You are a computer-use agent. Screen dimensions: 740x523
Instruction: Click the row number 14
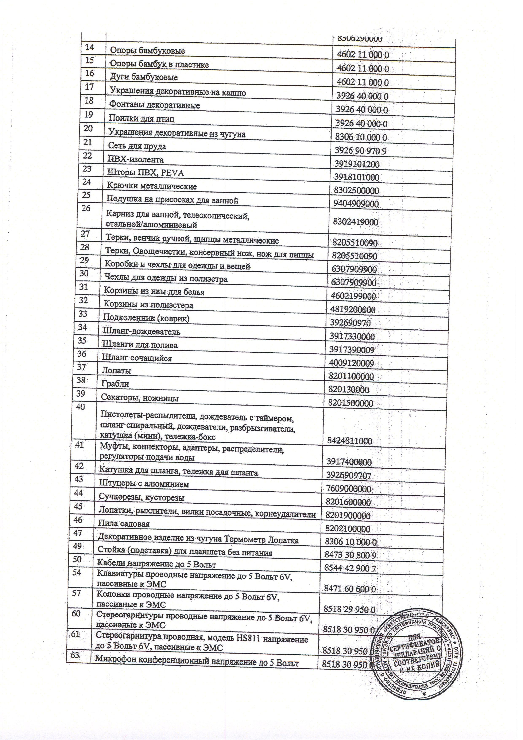(x=90, y=47)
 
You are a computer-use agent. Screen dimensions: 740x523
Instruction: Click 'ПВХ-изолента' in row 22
(x=136, y=160)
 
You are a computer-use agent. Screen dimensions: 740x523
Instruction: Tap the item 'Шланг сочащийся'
(x=137, y=358)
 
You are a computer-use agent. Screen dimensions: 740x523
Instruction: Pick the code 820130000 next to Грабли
(x=348, y=390)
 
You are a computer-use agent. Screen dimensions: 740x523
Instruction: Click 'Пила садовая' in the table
(x=124, y=524)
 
